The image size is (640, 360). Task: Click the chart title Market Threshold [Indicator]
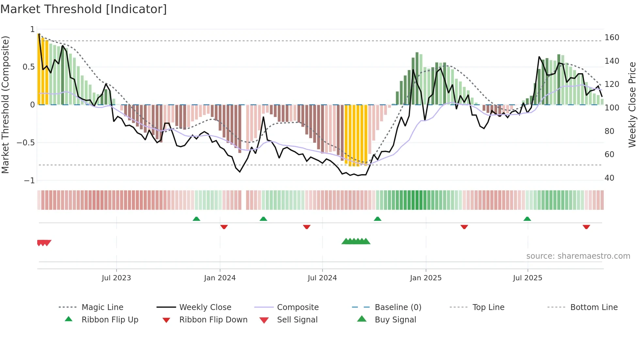[84, 9]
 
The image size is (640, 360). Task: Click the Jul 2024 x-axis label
[322, 278]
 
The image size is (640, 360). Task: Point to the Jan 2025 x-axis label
[425, 278]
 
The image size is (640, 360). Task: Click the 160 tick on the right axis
[612, 38]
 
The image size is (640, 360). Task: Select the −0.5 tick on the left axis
[26, 143]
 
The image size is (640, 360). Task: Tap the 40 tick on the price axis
[609, 178]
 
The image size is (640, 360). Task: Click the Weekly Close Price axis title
[632, 105]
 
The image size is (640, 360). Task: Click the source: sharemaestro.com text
[578, 256]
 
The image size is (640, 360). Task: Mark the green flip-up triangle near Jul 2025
[527, 219]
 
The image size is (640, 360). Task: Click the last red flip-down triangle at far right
[586, 227]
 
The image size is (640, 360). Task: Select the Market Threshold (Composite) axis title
[5, 105]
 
